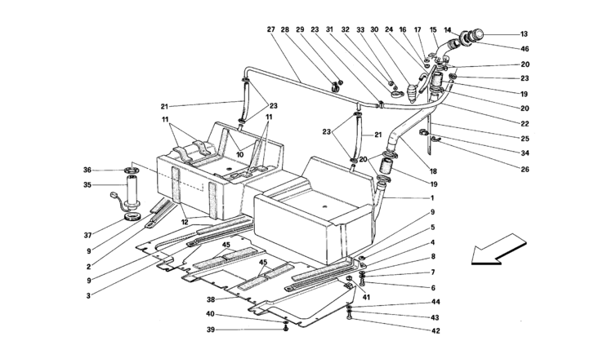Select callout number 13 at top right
[524, 35]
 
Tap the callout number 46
[524, 50]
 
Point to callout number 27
[270, 30]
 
